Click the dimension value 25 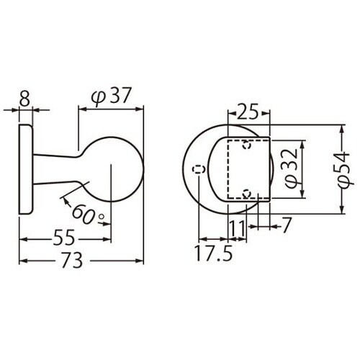[x=247, y=112]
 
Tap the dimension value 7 [x=285, y=225]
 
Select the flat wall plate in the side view [x=24, y=169]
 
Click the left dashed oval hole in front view [x=200, y=169]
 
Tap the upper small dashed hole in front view [x=247, y=145]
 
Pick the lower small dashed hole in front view [x=247, y=193]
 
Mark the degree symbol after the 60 [x=102, y=215]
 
